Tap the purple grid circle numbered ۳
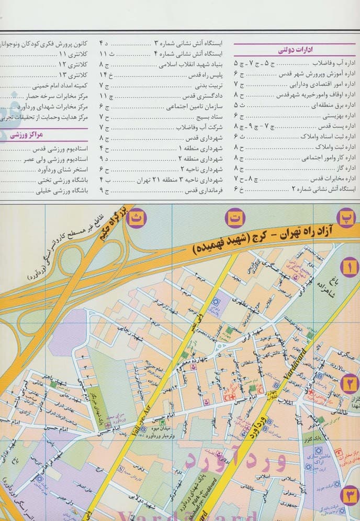tap(350, 496)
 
